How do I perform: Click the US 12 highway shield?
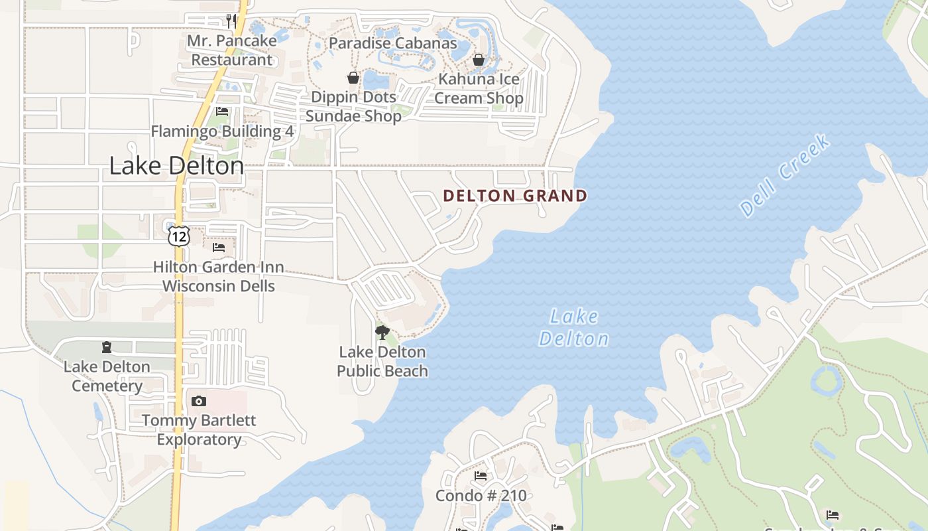click(178, 236)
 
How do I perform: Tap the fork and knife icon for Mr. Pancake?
click(231, 21)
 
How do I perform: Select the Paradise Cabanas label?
click(392, 44)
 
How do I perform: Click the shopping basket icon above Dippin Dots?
click(353, 78)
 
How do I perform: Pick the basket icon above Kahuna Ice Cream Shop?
click(479, 60)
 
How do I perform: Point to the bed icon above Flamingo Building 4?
click(222, 112)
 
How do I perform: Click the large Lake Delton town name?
click(176, 166)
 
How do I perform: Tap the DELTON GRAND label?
click(515, 196)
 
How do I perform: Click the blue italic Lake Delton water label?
click(573, 328)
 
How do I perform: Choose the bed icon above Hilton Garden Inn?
click(218, 248)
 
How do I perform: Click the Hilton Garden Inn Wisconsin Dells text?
click(218, 277)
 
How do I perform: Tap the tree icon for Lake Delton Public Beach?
click(382, 332)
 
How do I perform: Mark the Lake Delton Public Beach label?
click(382, 362)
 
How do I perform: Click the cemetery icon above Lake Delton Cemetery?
click(106, 347)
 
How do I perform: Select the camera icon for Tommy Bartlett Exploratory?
click(198, 401)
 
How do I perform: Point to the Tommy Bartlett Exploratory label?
click(198, 430)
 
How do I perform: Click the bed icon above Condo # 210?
click(481, 476)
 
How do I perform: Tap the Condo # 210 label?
click(481, 496)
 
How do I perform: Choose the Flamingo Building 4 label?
click(222, 131)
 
